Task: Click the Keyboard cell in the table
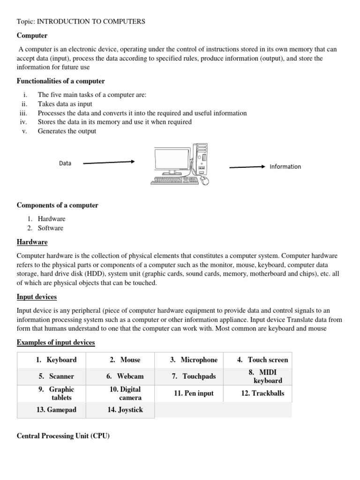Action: click(x=56, y=360)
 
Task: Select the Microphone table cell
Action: click(x=194, y=360)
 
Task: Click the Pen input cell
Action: click(x=194, y=393)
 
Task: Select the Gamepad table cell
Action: click(x=56, y=410)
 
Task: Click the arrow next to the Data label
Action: click(x=109, y=163)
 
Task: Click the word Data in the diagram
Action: click(x=65, y=163)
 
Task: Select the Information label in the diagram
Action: click(x=285, y=167)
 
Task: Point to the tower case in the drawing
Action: click(x=202, y=160)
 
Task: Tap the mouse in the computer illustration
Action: click(x=204, y=181)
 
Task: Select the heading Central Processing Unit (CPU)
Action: click(x=63, y=436)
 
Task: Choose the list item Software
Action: click(x=50, y=228)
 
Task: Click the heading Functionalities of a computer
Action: click(x=61, y=81)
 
